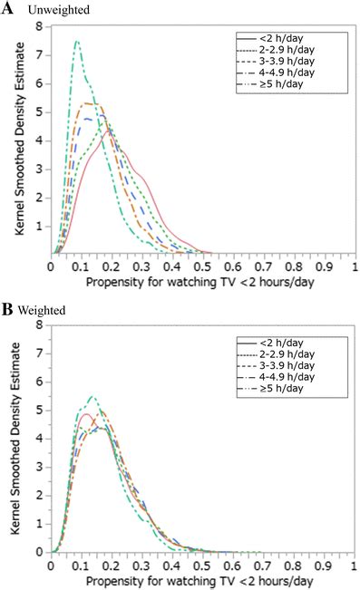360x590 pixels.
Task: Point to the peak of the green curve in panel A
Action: coord(78,41)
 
